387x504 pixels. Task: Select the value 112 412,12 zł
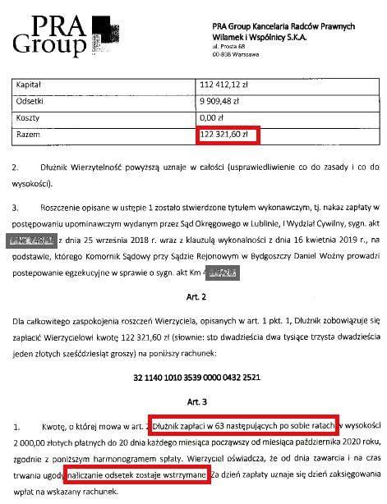pos(226,85)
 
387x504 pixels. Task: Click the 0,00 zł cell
pos(214,117)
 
